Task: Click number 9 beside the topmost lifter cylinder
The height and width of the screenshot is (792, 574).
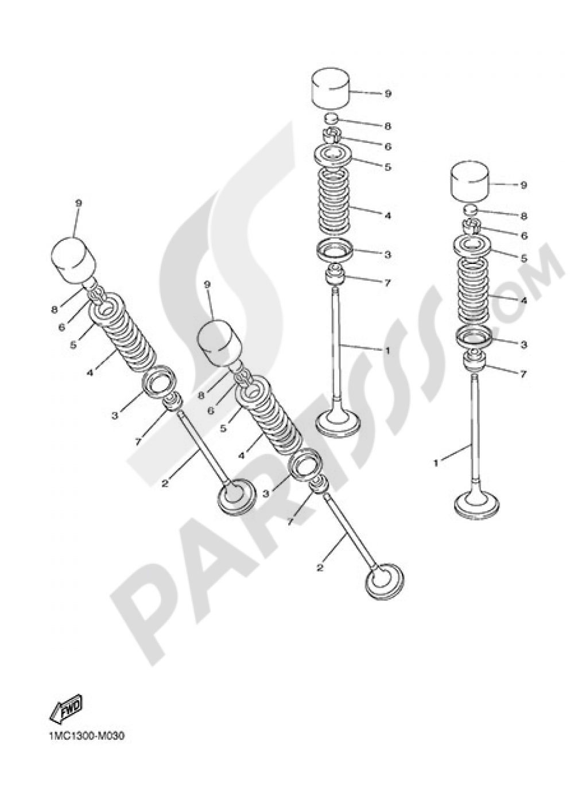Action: pos(388,94)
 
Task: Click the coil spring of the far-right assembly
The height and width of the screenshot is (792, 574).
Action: pos(473,286)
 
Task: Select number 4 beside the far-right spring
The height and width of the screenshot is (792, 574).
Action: pos(524,301)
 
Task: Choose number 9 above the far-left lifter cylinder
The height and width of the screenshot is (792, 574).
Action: pos(79,203)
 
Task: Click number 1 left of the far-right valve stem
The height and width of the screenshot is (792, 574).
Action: pos(436,463)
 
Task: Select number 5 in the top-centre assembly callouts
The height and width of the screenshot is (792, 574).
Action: pos(388,166)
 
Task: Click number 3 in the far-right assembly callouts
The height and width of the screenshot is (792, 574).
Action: pos(524,344)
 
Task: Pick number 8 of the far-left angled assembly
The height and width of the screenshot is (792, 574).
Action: pos(54,310)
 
